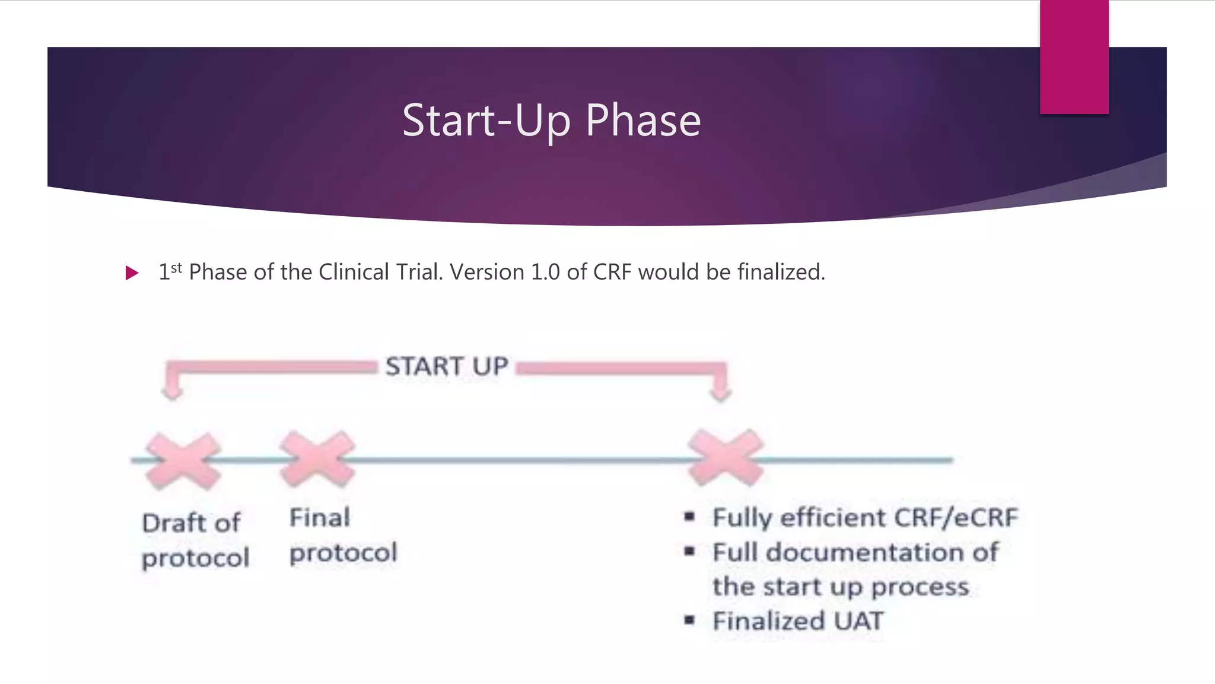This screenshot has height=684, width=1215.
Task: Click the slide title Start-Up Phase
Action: tap(551, 121)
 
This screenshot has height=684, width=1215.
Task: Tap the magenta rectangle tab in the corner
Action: tap(1074, 56)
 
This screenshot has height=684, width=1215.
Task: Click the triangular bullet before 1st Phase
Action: tap(132, 273)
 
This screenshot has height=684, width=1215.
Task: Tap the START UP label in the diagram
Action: tap(447, 366)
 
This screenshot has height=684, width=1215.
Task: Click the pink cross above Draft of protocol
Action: tap(183, 461)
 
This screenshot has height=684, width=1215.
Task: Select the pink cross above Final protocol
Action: tap(317, 459)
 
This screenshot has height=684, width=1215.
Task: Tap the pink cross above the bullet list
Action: tap(725, 458)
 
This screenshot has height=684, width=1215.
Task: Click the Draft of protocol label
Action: tap(195, 540)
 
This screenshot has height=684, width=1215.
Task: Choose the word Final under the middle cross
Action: tap(319, 518)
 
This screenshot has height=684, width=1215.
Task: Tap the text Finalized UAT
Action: tap(797, 621)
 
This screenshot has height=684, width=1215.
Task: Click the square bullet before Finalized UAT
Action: tap(689, 620)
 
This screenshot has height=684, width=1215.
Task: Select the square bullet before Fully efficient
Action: tap(689, 517)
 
